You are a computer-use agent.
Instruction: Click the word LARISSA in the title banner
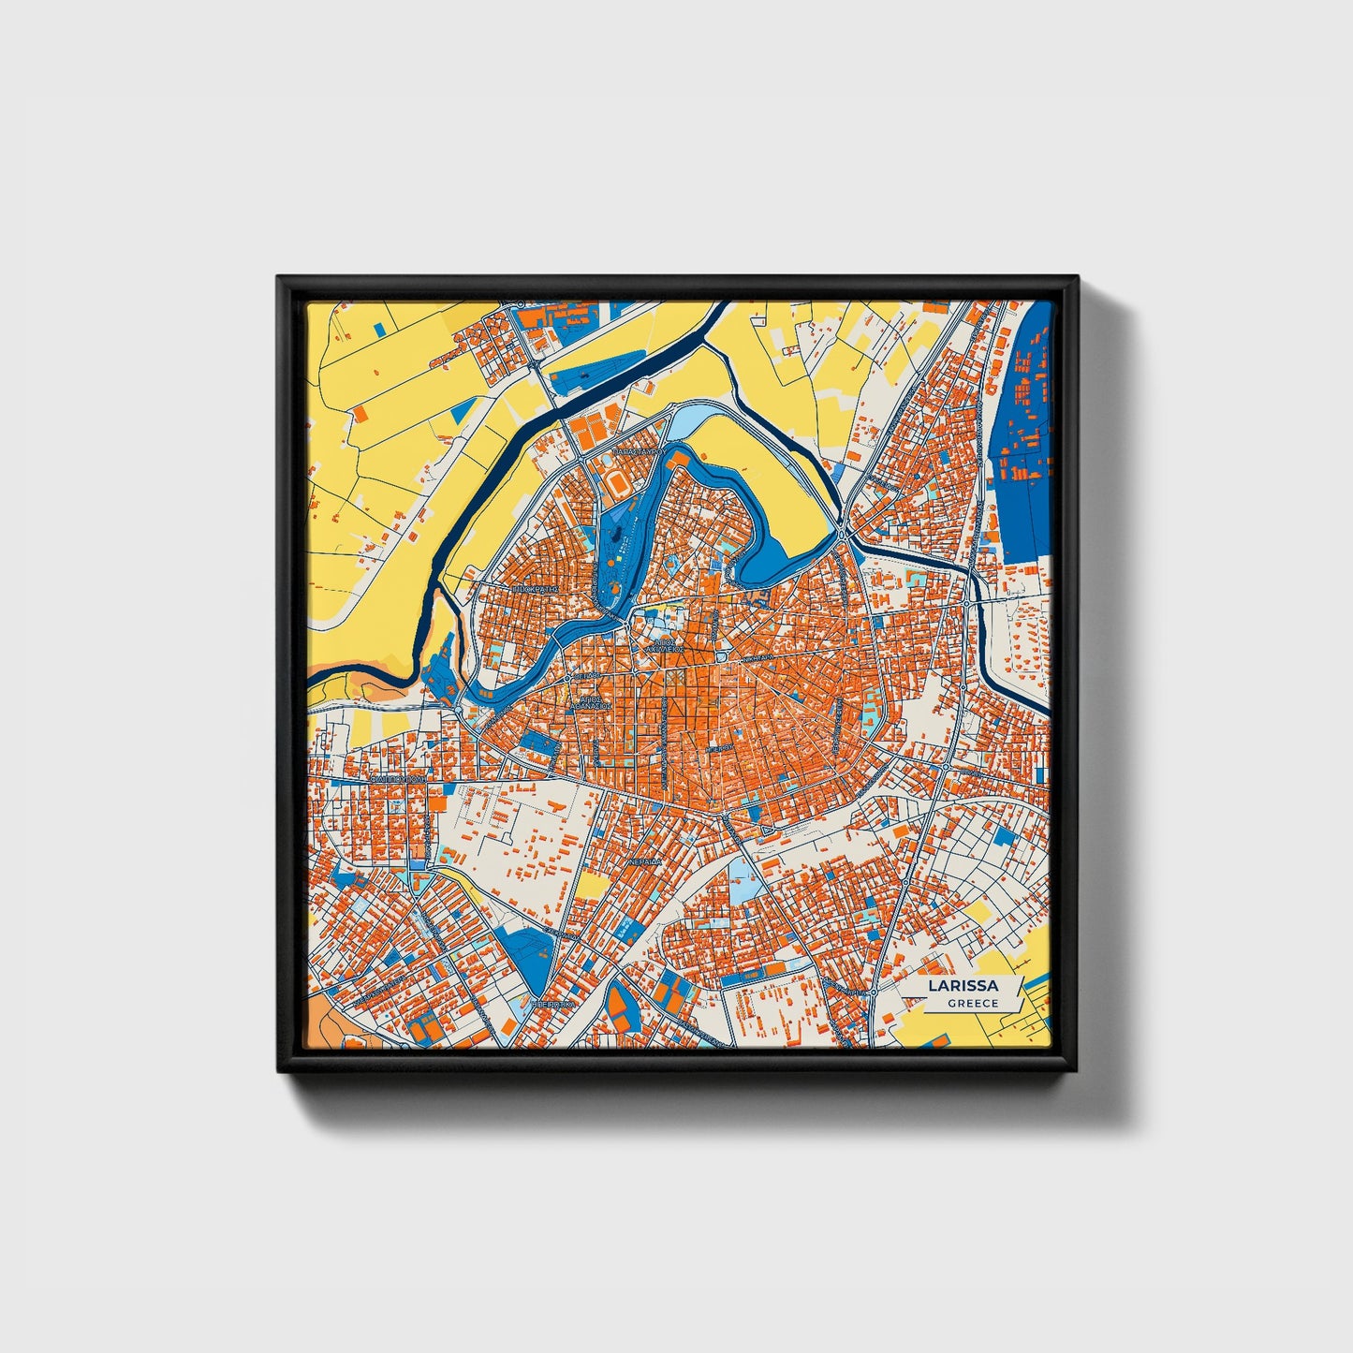tap(963, 986)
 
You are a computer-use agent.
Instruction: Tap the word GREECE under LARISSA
tap(972, 1003)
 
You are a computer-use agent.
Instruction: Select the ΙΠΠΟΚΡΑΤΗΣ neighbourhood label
tap(536, 590)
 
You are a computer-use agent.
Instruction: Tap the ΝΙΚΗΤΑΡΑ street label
tap(758, 659)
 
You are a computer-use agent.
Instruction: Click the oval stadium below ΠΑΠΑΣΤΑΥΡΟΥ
tap(618, 482)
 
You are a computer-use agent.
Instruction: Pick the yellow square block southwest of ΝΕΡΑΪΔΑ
tap(592, 885)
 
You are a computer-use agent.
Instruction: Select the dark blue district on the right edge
tap(1025, 440)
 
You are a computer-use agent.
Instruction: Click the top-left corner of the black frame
tap(278, 277)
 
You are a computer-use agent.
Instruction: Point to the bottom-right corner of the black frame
tap(1078, 1071)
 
